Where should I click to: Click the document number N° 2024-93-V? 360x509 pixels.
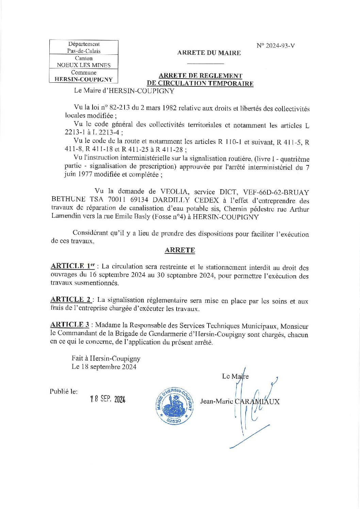pos(276,46)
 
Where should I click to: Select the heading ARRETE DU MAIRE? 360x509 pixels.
pos(209,53)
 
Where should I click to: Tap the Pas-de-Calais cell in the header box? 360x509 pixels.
pos(84,51)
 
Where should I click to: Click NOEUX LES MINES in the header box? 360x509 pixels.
pos(84,65)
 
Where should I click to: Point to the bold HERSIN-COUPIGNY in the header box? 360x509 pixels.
pos(84,79)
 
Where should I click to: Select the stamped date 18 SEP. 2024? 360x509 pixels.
pos(108,399)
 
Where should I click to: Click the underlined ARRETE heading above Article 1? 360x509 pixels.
pos(180,250)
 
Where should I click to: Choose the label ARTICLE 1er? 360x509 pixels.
pos(72,266)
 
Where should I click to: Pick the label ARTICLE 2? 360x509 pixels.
pos(70,299)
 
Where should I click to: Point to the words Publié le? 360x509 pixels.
pos(64,391)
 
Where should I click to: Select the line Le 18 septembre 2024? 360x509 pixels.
pos(104,367)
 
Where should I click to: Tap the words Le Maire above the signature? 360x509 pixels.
pos(235,376)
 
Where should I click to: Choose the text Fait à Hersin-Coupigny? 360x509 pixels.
pos(106,358)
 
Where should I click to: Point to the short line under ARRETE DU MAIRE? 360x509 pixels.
pos(206,64)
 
